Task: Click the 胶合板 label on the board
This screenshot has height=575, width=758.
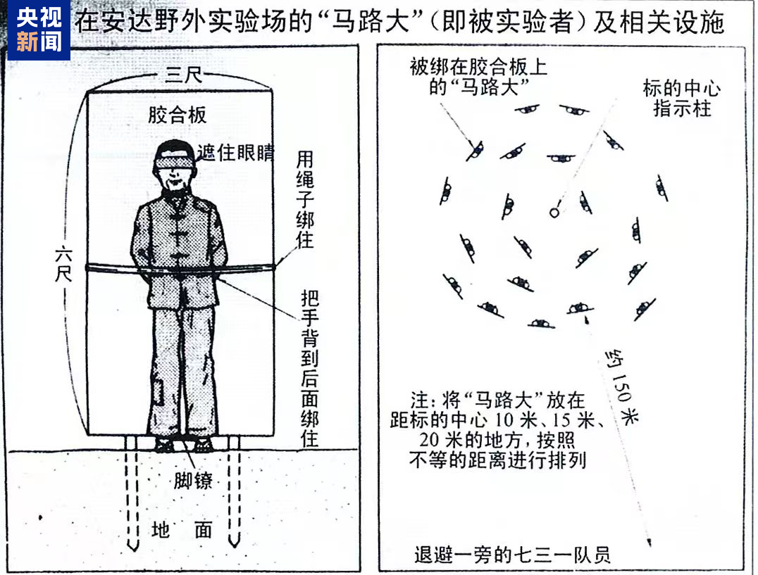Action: click(177, 115)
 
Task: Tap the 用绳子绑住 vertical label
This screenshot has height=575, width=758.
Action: click(304, 198)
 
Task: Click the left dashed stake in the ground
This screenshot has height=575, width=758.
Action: click(132, 493)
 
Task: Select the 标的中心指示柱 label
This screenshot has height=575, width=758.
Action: click(681, 99)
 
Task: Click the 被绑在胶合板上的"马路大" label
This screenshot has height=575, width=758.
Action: click(478, 77)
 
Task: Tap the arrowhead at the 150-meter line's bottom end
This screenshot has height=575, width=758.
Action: click(648, 543)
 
